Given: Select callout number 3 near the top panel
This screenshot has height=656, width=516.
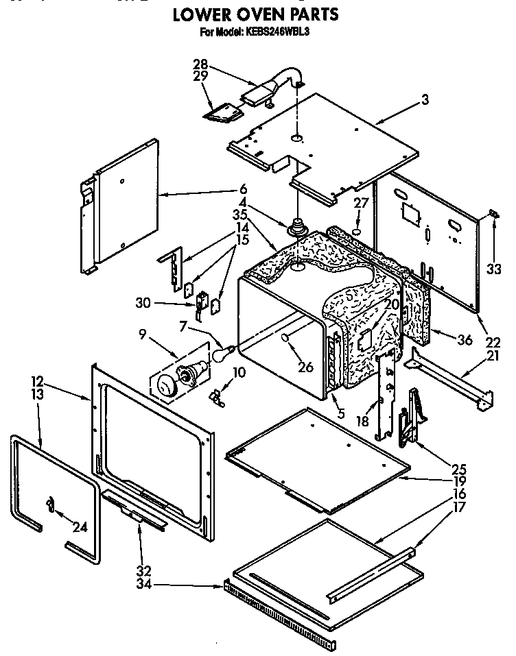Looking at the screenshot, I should click(x=425, y=100).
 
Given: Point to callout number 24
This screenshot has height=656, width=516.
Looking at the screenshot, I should click(x=80, y=527).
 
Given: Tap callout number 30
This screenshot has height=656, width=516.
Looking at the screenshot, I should click(x=161, y=302).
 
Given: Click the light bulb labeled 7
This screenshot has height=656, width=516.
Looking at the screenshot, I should click(x=221, y=354).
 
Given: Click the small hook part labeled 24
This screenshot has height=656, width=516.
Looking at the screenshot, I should click(x=49, y=505).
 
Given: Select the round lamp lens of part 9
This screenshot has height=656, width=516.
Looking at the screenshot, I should click(x=166, y=386).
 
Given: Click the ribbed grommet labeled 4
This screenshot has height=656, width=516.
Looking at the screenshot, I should click(x=298, y=227).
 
